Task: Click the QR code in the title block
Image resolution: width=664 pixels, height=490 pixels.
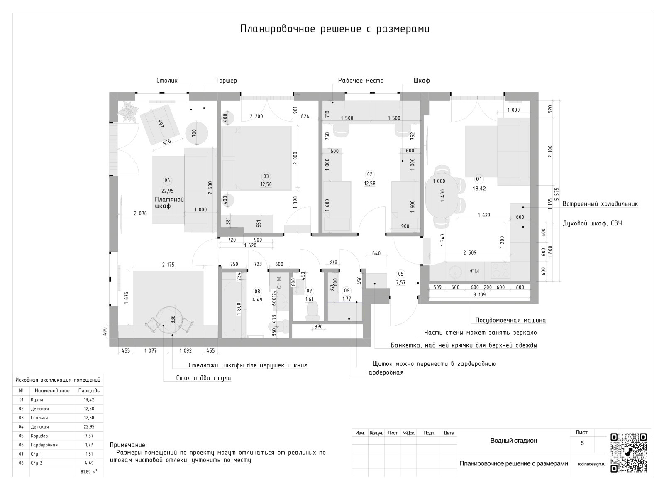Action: point(628,453)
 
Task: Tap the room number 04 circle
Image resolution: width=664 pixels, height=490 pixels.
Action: point(167,180)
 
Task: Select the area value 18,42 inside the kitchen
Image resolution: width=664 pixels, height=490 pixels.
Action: point(479,189)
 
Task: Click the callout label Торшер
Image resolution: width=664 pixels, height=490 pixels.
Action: point(226,81)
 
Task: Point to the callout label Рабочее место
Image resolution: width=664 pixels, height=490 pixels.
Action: point(361,81)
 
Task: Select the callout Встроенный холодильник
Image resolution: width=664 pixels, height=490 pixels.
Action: point(600,204)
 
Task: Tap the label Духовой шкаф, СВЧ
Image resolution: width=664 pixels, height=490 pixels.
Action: point(592,223)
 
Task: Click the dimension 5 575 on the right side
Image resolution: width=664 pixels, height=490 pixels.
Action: point(557,194)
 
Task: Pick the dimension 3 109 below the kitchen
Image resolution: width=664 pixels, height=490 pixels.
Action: point(480,294)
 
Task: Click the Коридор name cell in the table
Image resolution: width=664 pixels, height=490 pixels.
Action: point(39,436)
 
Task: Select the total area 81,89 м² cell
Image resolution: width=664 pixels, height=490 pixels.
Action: point(89,472)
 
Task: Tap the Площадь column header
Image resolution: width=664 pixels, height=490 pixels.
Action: point(89,391)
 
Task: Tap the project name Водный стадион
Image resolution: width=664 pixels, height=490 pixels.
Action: point(513,441)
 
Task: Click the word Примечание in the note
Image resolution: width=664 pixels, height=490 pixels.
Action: point(128,445)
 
